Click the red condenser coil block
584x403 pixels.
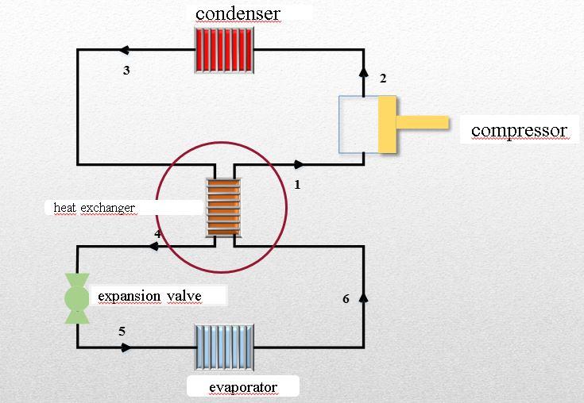(225, 50)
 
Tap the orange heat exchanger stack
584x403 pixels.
(223, 206)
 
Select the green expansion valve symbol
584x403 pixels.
(77, 298)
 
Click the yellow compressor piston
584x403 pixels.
(388, 123)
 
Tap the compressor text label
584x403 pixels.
(519, 130)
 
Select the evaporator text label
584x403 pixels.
(243, 387)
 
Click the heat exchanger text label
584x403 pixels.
(94, 208)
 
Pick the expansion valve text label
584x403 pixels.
(149, 297)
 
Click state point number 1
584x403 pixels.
(297, 185)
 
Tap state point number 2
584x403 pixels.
(383, 78)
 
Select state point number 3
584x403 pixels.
(126, 71)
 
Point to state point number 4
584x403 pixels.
(158, 234)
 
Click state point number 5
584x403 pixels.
(122, 331)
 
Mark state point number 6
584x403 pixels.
(346, 299)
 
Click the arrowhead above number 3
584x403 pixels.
(120, 50)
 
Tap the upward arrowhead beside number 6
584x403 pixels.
(364, 297)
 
